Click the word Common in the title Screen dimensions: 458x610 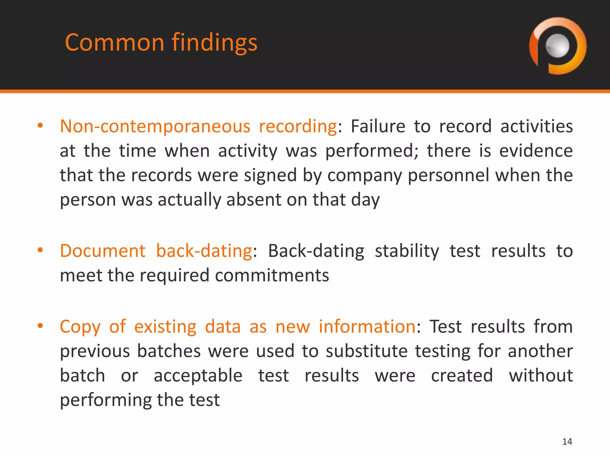(x=114, y=43)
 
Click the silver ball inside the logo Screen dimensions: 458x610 (x=557, y=46)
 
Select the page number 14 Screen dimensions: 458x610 (x=567, y=442)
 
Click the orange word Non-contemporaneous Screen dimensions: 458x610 (x=155, y=126)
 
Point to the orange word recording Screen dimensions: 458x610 (x=298, y=126)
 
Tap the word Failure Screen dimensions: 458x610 (x=378, y=126)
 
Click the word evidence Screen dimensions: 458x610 (x=536, y=151)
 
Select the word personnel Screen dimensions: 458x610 (x=448, y=175)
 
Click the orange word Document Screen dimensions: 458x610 (x=102, y=251)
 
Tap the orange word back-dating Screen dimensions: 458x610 (x=204, y=251)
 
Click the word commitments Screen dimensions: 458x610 (x=272, y=275)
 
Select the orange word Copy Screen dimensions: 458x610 (x=80, y=327)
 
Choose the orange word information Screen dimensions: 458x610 (x=367, y=327)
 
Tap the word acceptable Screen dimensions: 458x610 (x=198, y=376)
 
